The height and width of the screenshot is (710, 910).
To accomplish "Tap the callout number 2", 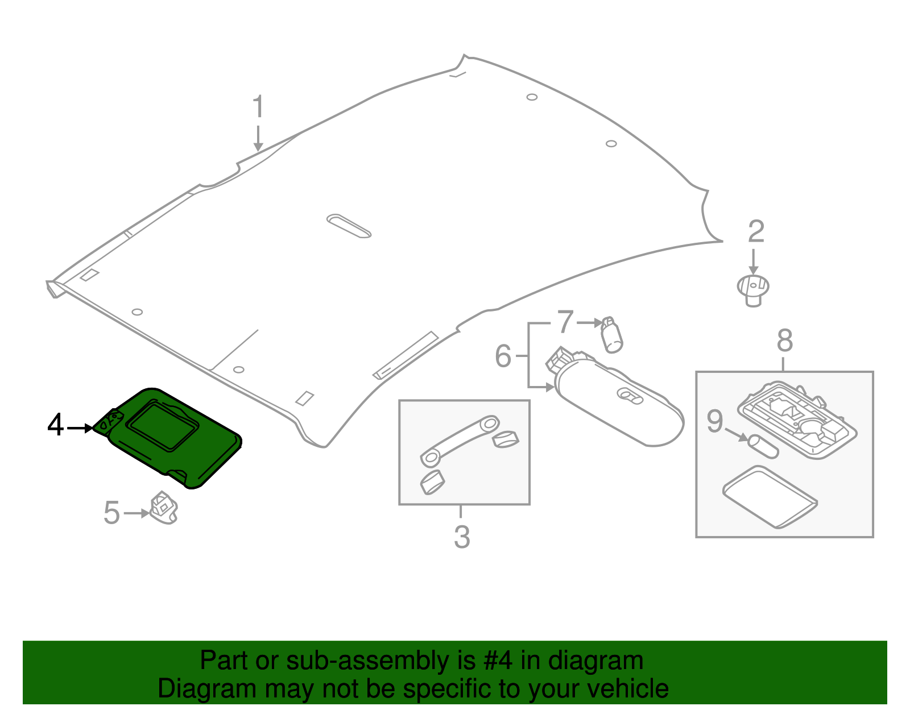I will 755,231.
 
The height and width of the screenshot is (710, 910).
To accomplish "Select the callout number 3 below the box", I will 462,537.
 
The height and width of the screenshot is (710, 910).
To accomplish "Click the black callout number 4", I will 55,425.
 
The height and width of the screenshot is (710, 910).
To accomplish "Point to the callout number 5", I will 111,513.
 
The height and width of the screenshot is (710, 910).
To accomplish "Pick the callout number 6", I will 503,356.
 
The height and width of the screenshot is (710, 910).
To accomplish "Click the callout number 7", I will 565,322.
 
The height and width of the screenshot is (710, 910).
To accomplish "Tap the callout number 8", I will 784,341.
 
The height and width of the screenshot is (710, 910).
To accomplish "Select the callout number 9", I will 715,421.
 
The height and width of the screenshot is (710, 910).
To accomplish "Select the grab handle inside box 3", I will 460,439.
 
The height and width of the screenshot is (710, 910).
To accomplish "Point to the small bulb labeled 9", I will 763,446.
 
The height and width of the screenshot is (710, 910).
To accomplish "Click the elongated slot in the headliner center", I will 349,226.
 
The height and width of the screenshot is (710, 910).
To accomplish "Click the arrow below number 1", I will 258,139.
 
